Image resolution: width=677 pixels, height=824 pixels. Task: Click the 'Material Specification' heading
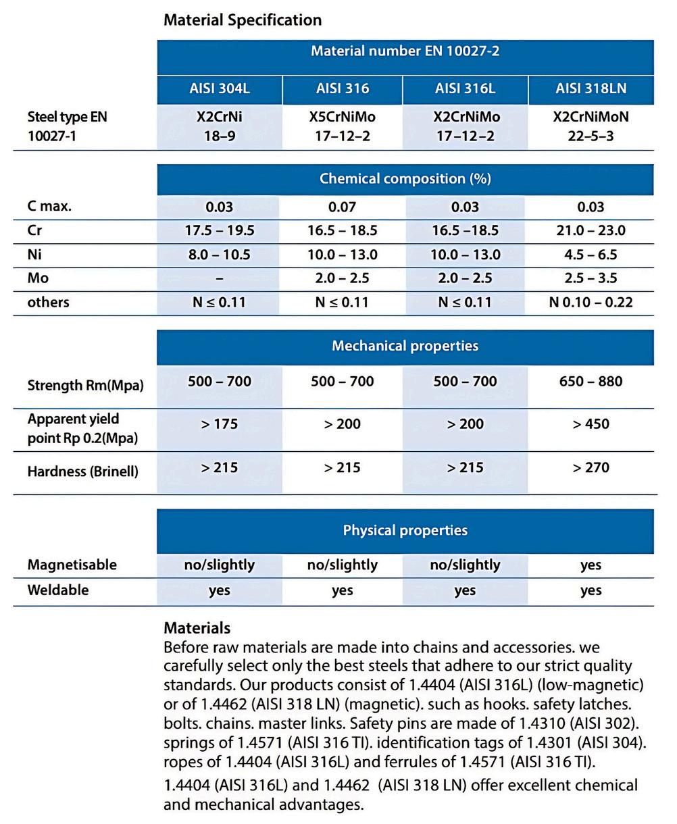coord(243,20)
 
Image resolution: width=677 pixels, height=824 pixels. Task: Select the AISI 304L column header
coord(219,88)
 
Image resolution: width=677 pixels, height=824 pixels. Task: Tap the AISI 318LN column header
coord(591,88)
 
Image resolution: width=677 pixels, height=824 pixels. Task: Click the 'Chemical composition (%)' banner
coord(405,179)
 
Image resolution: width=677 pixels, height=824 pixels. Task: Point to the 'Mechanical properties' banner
coord(405,346)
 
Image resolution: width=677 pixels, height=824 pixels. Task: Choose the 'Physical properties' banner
coord(405,530)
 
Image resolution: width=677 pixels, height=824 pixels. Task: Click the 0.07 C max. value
coord(342,207)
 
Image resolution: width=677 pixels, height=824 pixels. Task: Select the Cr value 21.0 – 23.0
coord(591,230)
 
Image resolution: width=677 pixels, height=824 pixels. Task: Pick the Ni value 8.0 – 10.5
coord(219,255)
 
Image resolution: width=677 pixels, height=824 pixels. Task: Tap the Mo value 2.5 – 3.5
coord(591,278)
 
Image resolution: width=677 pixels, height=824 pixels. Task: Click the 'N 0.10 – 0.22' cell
coord(591,302)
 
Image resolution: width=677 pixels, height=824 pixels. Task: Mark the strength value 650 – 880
coord(591,382)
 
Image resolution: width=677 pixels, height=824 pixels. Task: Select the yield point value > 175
coord(219,424)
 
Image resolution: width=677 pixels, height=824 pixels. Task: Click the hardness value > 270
coord(591,467)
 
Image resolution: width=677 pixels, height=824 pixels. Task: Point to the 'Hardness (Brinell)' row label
coord(82,471)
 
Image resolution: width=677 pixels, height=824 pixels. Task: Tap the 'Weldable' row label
coord(58,590)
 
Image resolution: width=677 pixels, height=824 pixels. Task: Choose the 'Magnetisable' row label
coord(72,565)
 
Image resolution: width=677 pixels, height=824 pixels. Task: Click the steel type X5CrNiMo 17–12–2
coord(342,126)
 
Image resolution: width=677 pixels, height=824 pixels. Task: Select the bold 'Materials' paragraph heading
coord(197,627)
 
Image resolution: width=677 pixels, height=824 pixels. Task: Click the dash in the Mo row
coord(219,278)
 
